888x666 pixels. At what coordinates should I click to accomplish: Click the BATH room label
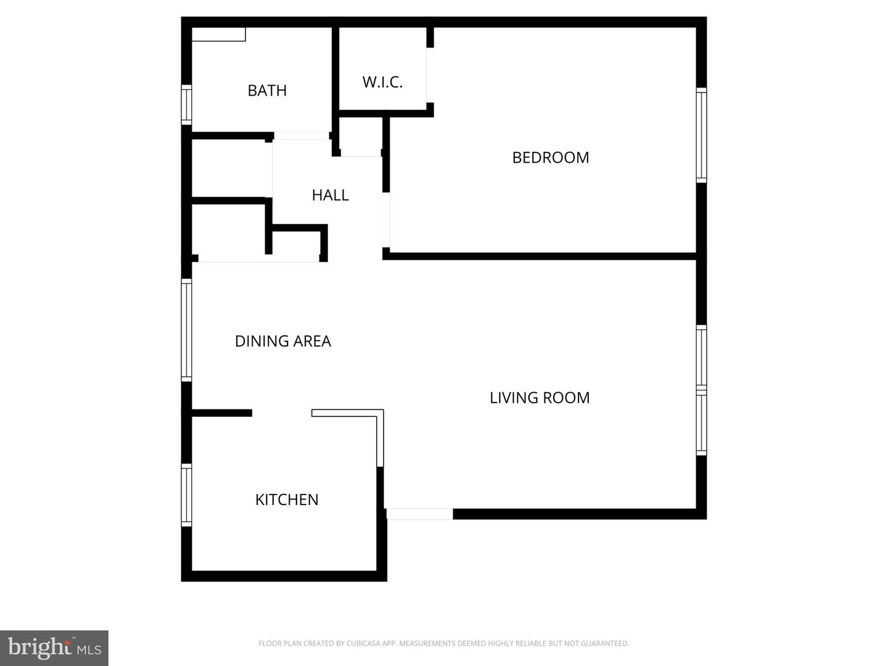[267, 91]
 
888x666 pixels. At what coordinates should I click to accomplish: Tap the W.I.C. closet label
[382, 82]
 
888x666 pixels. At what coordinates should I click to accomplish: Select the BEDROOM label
[551, 157]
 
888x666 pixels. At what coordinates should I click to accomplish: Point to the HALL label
[330, 195]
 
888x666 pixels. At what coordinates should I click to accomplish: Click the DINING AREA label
[282, 341]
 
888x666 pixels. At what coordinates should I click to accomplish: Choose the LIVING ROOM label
[540, 398]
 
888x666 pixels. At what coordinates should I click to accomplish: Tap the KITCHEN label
[287, 499]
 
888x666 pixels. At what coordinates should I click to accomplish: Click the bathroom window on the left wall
[186, 105]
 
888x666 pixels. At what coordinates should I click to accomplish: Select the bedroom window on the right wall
[701, 135]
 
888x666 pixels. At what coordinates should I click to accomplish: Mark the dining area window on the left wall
[186, 329]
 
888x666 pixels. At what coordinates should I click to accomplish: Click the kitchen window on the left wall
[186, 495]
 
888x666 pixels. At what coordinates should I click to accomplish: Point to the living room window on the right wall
[701, 390]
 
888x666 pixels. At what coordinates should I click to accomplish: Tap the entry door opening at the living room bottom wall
[419, 514]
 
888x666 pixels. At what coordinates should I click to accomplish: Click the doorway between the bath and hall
[301, 136]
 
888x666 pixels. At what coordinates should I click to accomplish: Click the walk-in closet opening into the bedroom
[430, 75]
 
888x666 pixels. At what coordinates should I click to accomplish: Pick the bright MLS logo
[54, 647]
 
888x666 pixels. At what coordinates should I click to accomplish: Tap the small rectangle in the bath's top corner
[218, 35]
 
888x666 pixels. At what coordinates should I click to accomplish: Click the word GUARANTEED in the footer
[605, 644]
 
